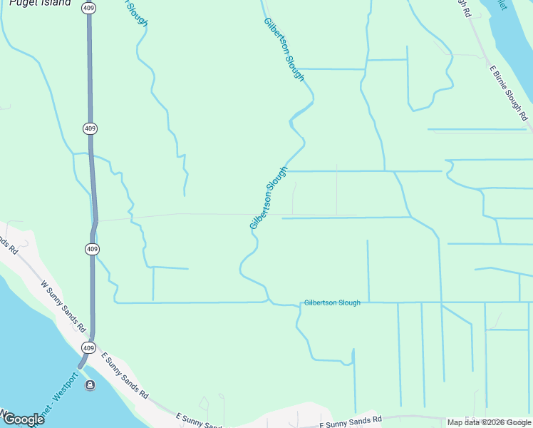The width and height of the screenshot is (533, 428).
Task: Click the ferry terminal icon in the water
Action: click(90, 385)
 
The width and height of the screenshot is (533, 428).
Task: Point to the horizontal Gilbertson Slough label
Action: click(332, 302)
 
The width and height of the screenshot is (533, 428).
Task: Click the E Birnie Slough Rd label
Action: click(508, 93)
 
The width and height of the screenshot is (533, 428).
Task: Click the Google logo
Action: click(23, 419)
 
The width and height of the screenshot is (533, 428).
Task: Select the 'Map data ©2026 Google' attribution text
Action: click(488, 422)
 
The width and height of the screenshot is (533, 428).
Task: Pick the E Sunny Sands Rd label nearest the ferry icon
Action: click(125, 375)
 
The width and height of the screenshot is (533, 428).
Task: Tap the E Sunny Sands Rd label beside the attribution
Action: click(351, 420)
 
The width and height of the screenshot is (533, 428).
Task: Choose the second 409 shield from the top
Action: click(89, 128)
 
